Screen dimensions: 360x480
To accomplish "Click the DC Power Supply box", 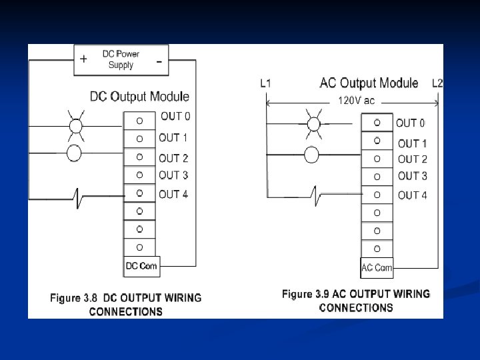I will click(x=121, y=59).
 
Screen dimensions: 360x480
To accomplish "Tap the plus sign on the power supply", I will click(x=83, y=59).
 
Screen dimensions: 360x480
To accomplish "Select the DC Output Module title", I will click(x=139, y=97).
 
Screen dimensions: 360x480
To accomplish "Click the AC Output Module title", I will click(x=369, y=83).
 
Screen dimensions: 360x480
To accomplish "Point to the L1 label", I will click(x=265, y=84).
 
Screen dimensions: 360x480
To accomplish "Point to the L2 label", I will click(x=437, y=83).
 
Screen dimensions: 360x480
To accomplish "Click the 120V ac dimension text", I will click(x=357, y=101).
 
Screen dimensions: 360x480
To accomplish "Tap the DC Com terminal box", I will click(x=141, y=266).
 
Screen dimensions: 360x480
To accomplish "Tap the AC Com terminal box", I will click(x=377, y=267).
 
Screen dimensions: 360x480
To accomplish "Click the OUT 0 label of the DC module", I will click(x=175, y=117).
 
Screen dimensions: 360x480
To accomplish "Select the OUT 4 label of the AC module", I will click(x=412, y=195).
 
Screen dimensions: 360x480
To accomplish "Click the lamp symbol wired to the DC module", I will click(x=75, y=126).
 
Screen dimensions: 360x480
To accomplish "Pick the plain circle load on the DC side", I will click(x=75, y=153).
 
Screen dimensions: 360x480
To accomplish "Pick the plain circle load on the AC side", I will click(x=311, y=155).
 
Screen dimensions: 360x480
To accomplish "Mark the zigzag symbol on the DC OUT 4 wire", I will click(x=79, y=197).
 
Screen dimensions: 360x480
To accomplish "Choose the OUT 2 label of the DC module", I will click(x=173, y=159).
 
